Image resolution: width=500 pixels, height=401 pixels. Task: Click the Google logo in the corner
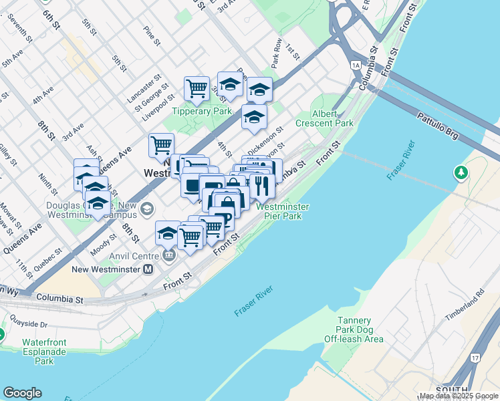(22, 393)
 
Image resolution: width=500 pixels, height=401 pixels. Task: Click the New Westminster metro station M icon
(148, 269)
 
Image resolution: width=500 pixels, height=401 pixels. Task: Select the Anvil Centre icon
(168, 255)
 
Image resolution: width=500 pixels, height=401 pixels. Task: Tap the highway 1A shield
(356, 65)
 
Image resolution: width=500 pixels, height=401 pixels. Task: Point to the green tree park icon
(461, 173)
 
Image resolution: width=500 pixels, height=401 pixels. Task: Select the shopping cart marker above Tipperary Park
(197, 88)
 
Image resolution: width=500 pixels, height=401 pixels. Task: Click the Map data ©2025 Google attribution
(458, 396)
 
